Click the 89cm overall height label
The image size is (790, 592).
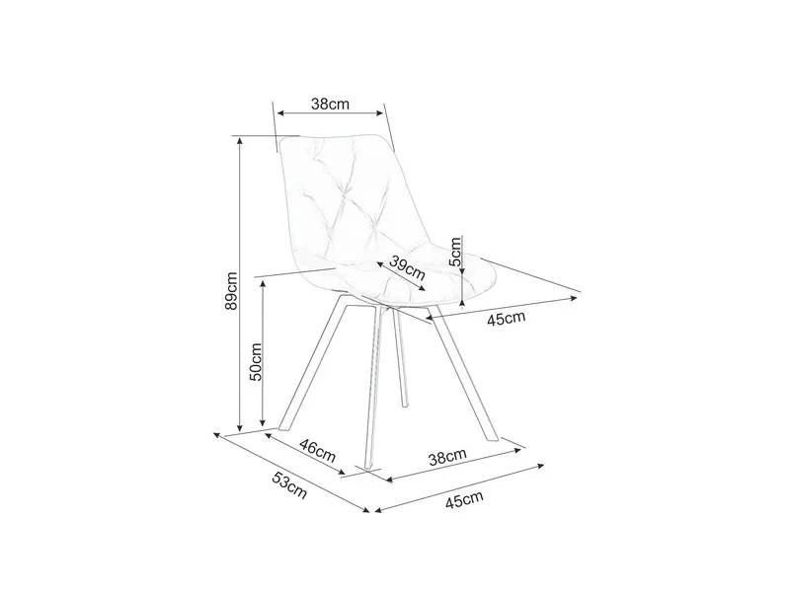tap(231, 291)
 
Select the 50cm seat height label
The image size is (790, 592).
tap(256, 362)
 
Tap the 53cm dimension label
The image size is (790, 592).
tap(289, 484)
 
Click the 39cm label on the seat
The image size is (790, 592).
tap(407, 268)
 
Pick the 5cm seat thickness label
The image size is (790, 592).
tap(455, 252)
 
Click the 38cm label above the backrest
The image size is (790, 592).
tap(330, 105)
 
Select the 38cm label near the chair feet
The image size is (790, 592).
tap(447, 457)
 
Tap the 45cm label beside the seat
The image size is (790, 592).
tap(507, 319)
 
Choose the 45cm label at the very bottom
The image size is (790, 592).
tap(464, 499)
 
